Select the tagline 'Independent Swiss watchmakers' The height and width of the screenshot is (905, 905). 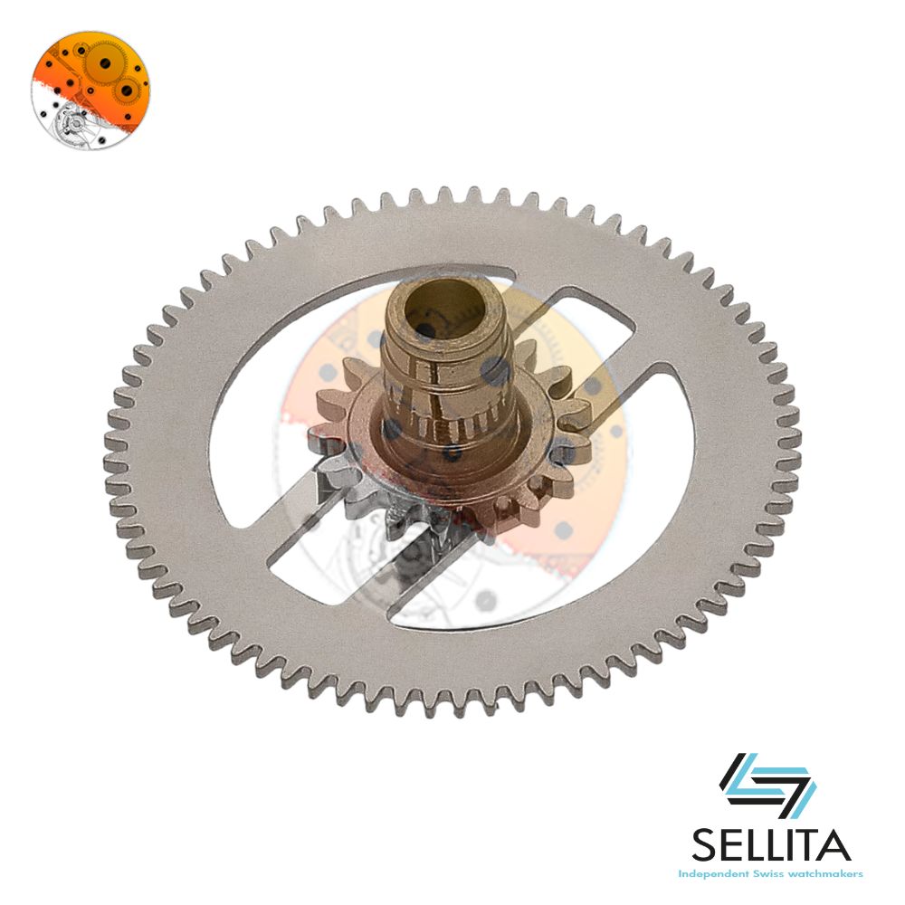[770, 874]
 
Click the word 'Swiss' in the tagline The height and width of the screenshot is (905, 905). [762, 874]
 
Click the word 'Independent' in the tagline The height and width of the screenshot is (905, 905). [710, 874]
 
